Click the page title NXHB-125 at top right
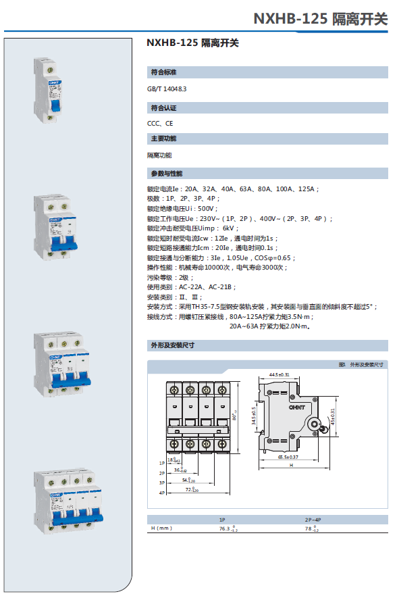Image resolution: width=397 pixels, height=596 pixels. [291, 18]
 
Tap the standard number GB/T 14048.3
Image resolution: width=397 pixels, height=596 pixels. [167, 89]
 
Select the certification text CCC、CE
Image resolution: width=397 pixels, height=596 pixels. [160, 124]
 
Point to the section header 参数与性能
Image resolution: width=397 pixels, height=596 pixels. [166, 174]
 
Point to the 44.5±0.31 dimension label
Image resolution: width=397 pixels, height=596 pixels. [279, 374]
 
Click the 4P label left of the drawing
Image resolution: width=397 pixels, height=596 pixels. [161, 493]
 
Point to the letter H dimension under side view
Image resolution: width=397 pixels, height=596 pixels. [291, 466]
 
